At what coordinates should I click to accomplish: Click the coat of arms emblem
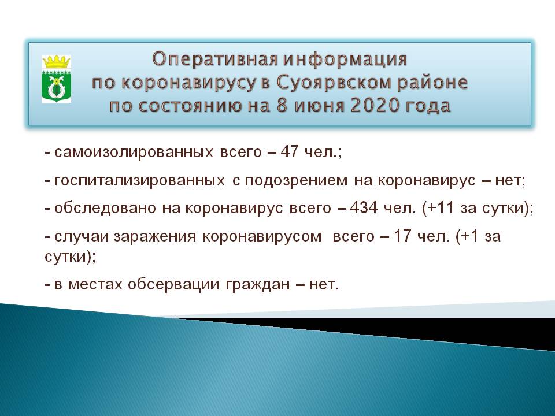click(x=56, y=79)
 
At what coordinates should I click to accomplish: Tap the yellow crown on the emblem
click(x=56, y=62)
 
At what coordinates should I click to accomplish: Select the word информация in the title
click(x=345, y=59)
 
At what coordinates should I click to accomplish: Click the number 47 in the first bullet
click(x=289, y=152)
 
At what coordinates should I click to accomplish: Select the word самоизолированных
click(x=134, y=153)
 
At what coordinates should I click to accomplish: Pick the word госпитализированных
click(x=139, y=180)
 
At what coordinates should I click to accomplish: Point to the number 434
click(x=364, y=207)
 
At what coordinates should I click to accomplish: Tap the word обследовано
click(x=105, y=208)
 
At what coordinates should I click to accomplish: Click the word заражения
click(x=155, y=236)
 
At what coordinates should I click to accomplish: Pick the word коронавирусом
click(x=262, y=236)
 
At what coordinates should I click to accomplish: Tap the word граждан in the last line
click(x=258, y=284)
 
